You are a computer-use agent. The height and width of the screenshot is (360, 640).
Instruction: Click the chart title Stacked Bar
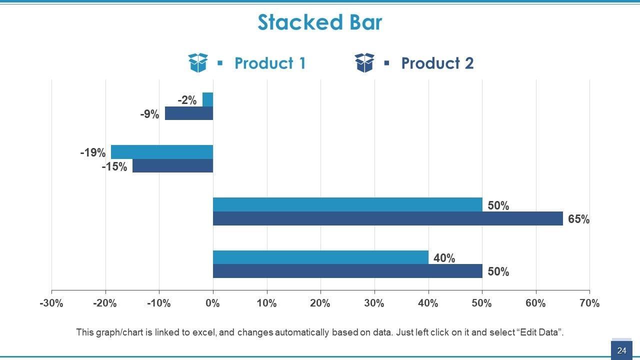pos(319,22)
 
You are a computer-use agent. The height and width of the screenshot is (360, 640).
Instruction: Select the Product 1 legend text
pos(269,63)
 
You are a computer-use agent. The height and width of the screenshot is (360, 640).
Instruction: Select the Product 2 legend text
pos(437,63)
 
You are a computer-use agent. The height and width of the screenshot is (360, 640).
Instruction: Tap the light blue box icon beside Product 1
pos(198,63)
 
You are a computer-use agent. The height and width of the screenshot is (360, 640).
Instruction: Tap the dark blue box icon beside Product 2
pos(364,63)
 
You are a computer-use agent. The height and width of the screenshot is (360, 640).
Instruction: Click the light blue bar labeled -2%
pos(207,99)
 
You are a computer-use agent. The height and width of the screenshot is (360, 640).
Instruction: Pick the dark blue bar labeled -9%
pos(189,113)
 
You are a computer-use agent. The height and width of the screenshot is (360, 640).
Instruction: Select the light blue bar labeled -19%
pos(161,152)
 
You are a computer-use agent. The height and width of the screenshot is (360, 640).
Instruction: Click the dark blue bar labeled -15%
pos(172,166)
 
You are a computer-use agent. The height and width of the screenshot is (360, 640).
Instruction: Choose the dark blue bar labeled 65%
pos(387,218)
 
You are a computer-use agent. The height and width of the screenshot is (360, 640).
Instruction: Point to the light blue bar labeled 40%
pos(320,257)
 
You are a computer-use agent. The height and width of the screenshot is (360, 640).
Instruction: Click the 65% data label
pos(578,219)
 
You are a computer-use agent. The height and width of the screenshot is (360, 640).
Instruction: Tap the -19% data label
pos(93,152)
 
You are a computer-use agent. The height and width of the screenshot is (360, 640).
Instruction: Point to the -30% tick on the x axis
pos(51,303)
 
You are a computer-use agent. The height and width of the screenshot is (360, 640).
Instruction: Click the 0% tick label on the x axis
pos(213,303)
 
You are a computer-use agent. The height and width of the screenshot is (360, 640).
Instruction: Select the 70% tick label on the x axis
pos(589,303)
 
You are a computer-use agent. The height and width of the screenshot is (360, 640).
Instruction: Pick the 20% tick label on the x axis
pos(320,303)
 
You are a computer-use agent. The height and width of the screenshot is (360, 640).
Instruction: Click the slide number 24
pos(621,350)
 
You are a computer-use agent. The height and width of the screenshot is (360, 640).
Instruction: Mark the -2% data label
pos(187,100)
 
